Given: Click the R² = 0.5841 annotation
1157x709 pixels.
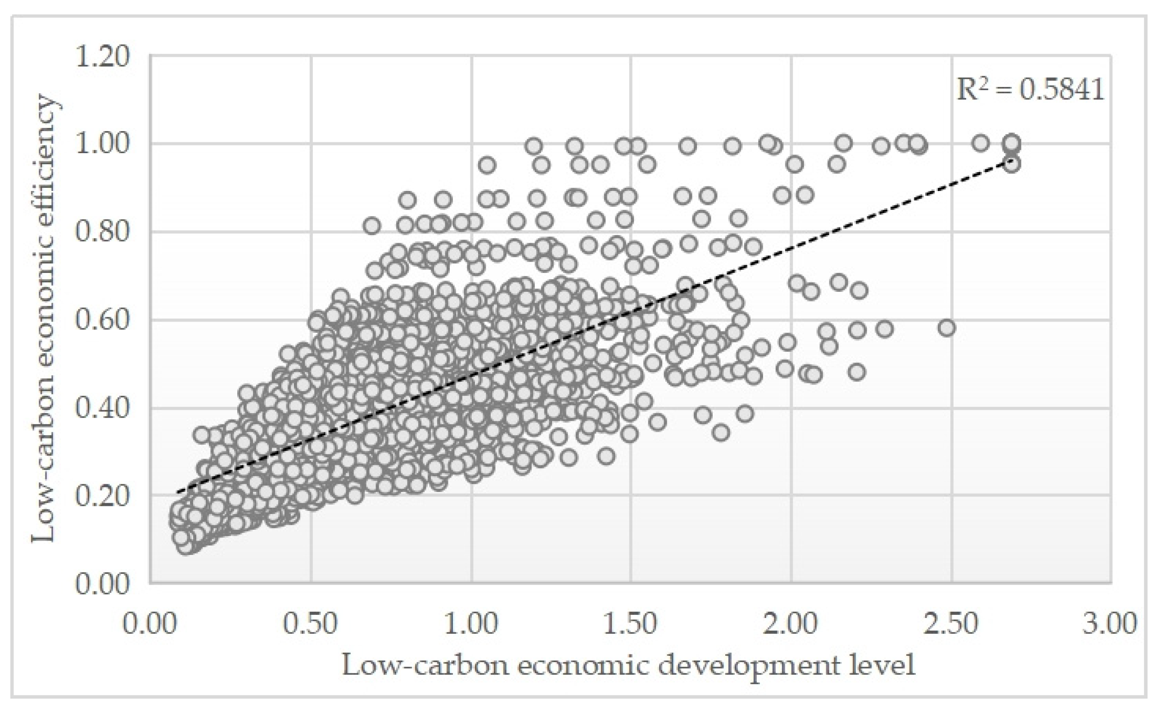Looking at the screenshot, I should [1030, 89].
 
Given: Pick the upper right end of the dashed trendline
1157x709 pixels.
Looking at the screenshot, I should [1011, 161].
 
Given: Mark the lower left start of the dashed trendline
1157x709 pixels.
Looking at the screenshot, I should [178, 492].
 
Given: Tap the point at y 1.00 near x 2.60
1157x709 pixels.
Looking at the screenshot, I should [981, 143].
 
